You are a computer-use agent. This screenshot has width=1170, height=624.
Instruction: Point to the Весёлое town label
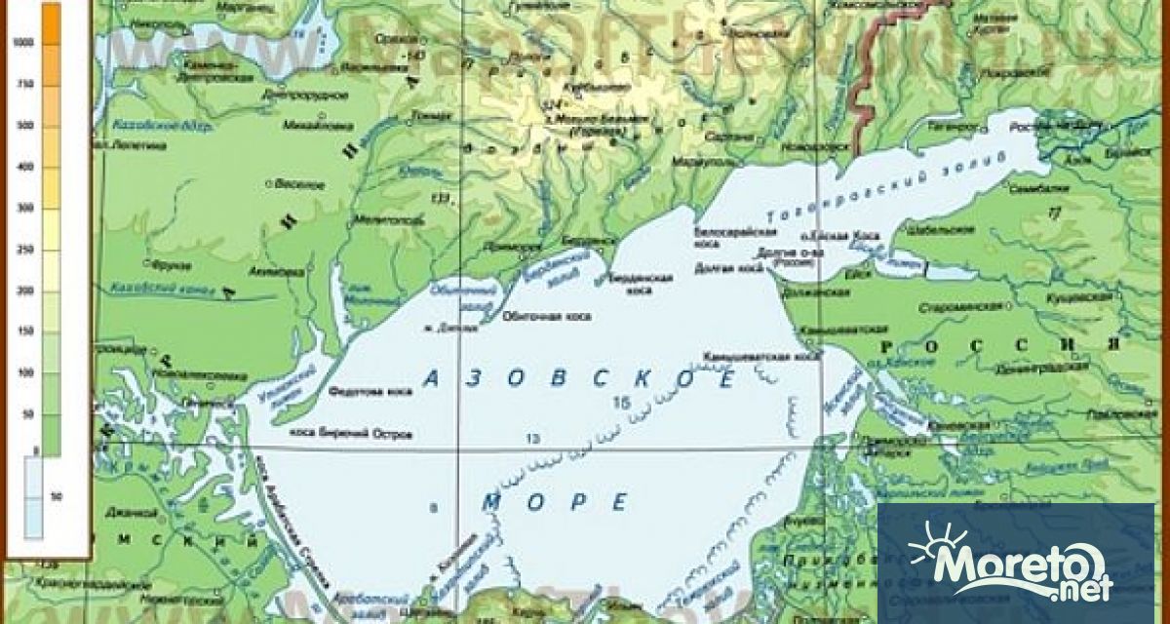tap(302, 184)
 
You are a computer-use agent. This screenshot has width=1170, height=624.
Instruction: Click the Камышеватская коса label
tap(764, 357)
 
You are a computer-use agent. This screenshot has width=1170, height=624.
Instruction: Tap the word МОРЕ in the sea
tap(556, 502)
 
